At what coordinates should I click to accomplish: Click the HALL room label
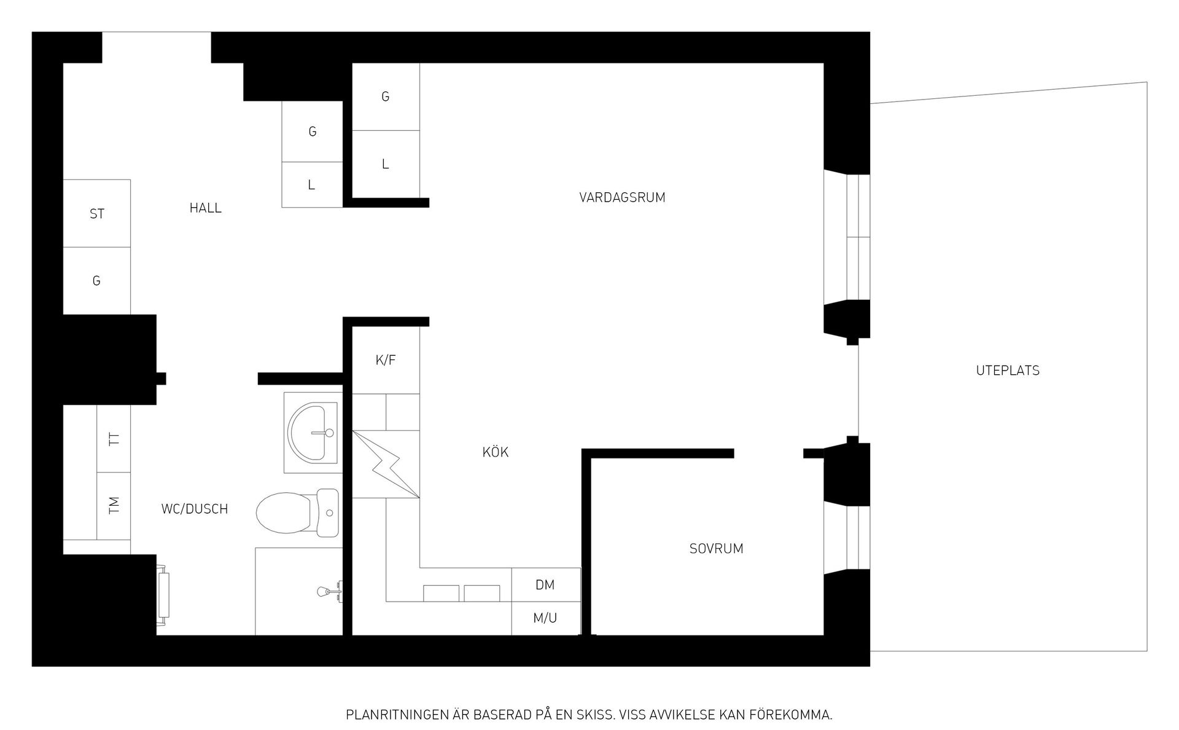click(205, 208)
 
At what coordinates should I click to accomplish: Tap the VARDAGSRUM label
click(622, 198)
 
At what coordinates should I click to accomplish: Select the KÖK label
click(496, 453)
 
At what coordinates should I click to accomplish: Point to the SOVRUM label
click(716, 549)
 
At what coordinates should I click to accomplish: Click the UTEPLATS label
click(1008, 371)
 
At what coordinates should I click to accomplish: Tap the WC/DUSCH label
click(194, 509)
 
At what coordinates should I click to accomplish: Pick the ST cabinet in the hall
click(97, 214)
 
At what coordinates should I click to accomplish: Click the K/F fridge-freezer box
click(386, 360)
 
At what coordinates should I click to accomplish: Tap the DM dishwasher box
click(545, 585)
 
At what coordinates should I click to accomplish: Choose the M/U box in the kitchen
click(545, 618)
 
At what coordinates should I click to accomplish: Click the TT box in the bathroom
click(114, 439)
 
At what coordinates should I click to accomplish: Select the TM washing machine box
click(114, 506)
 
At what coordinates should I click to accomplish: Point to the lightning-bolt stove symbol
click(386, 464)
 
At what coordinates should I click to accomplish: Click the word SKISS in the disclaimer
click(596, 715)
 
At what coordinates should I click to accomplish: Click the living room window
click(858, 237)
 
